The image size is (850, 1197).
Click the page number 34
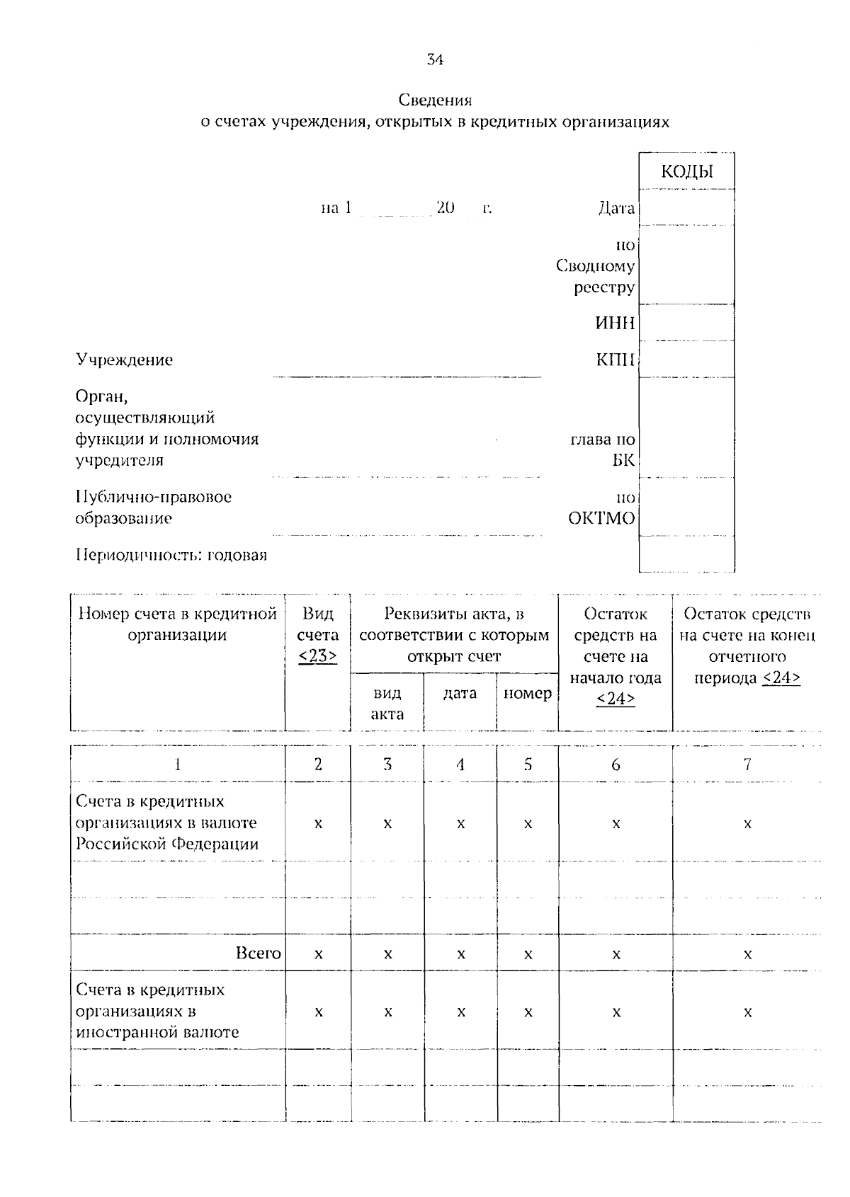[x=435, y=60]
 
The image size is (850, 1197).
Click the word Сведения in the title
[x=434, y=100]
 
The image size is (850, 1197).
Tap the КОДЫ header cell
[x=686, y=171]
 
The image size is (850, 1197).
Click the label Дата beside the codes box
[x=616, y=208]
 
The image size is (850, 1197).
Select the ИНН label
[x=615, y=323]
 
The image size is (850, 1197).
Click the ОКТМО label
[x=601, y=518]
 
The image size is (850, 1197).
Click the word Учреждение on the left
[x=124, y=360]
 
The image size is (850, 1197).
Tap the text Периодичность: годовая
[x=171, y=554]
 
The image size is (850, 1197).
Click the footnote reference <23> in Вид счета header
[x=317, y=656]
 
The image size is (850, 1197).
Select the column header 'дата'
[x=460, y=693]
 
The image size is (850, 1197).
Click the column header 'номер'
[x=527, y=693]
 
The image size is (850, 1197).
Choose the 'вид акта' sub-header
[x=387, y=703]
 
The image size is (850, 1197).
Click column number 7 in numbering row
[x=747, y=764]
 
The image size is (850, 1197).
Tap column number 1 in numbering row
[x=177, y=764]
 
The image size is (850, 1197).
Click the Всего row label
[x=258, y=953]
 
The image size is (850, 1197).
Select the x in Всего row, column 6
[x=616, y=954]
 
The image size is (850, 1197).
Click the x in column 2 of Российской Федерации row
[x=317, y=824]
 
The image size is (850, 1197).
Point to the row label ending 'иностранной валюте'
[x=157, y=1011]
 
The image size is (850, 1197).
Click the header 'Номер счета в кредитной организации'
[x=177, y=624]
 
